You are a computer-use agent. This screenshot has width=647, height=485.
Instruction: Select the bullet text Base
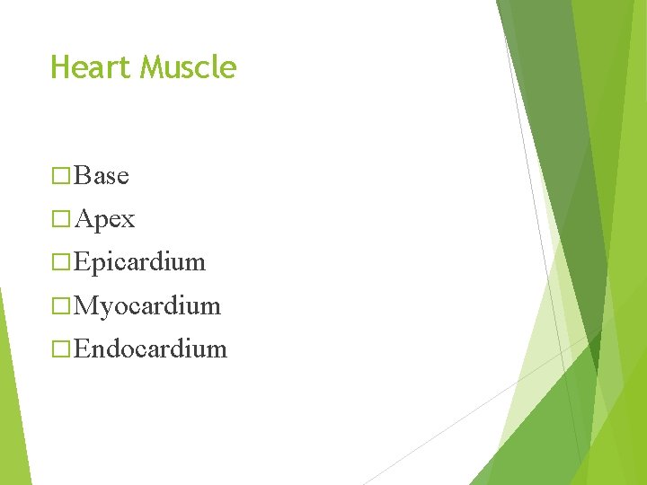102,175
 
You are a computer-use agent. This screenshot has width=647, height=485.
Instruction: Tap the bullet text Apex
105,218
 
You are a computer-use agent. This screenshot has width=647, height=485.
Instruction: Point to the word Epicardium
140,262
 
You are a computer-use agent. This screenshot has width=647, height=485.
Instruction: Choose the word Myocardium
147,305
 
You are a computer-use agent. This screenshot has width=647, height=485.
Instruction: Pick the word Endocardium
151,348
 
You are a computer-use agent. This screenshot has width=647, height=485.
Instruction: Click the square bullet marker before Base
61,176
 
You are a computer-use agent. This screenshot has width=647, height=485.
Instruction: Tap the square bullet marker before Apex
61,219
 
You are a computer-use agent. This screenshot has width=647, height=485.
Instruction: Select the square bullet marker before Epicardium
61,262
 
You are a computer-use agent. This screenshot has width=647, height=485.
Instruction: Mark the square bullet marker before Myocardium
61,305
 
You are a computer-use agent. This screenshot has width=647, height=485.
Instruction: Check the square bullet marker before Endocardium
61,348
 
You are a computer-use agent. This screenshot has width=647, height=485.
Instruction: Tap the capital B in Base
83,175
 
